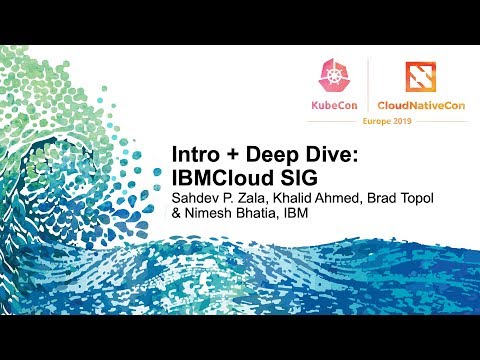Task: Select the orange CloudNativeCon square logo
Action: (x=421, y=76)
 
